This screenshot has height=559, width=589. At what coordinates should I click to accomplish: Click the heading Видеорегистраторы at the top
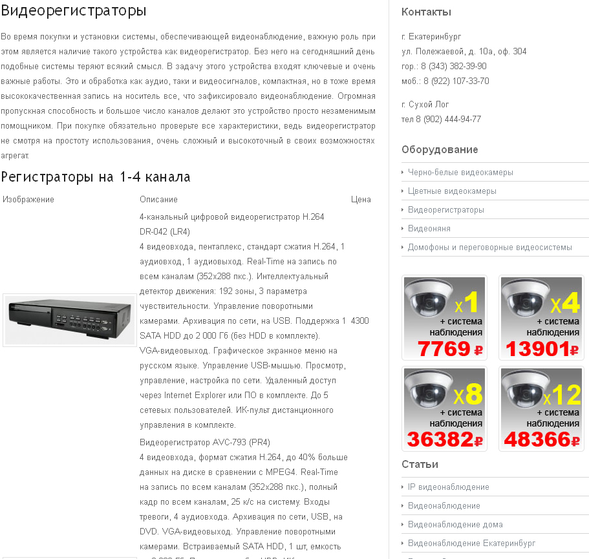tap(74, 11)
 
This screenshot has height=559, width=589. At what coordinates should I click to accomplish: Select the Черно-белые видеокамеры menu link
tap(460, 173)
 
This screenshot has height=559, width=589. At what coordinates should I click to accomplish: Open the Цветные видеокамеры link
tap(452, 191)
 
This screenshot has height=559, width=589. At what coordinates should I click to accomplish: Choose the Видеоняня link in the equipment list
tap(429, 229)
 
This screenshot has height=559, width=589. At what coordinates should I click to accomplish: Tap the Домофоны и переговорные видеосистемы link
tap(490, 248)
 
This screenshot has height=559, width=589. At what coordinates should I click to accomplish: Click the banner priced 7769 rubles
tap(444, 317)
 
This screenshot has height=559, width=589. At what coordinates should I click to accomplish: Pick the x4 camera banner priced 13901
tap(541, 317)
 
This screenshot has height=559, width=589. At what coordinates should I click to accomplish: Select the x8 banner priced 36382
tap(444, 408)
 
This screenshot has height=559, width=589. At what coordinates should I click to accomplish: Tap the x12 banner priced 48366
tap(541, 408)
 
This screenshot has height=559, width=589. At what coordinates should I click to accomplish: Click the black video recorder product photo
tap(70, 321)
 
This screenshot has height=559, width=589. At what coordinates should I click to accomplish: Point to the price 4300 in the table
tap(360, 321)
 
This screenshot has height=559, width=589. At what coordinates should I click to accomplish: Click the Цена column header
tap(361, 199)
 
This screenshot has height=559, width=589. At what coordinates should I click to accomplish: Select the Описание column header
tap(158, 199)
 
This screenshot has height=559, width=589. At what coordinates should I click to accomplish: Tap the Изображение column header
tap(28, 199)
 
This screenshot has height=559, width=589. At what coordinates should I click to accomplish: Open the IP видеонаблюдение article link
tap(449, 487)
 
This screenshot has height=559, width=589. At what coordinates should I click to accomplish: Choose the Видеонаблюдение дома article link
tap(455, 525)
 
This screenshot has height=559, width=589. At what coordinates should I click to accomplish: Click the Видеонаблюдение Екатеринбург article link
tap(472, 543)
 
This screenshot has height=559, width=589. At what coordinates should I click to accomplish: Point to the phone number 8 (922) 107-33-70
tap(456, 81)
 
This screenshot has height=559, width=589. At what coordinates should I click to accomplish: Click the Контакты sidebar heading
tap(426, 12)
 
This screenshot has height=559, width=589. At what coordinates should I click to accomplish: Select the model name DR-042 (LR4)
tap(165, 231)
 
